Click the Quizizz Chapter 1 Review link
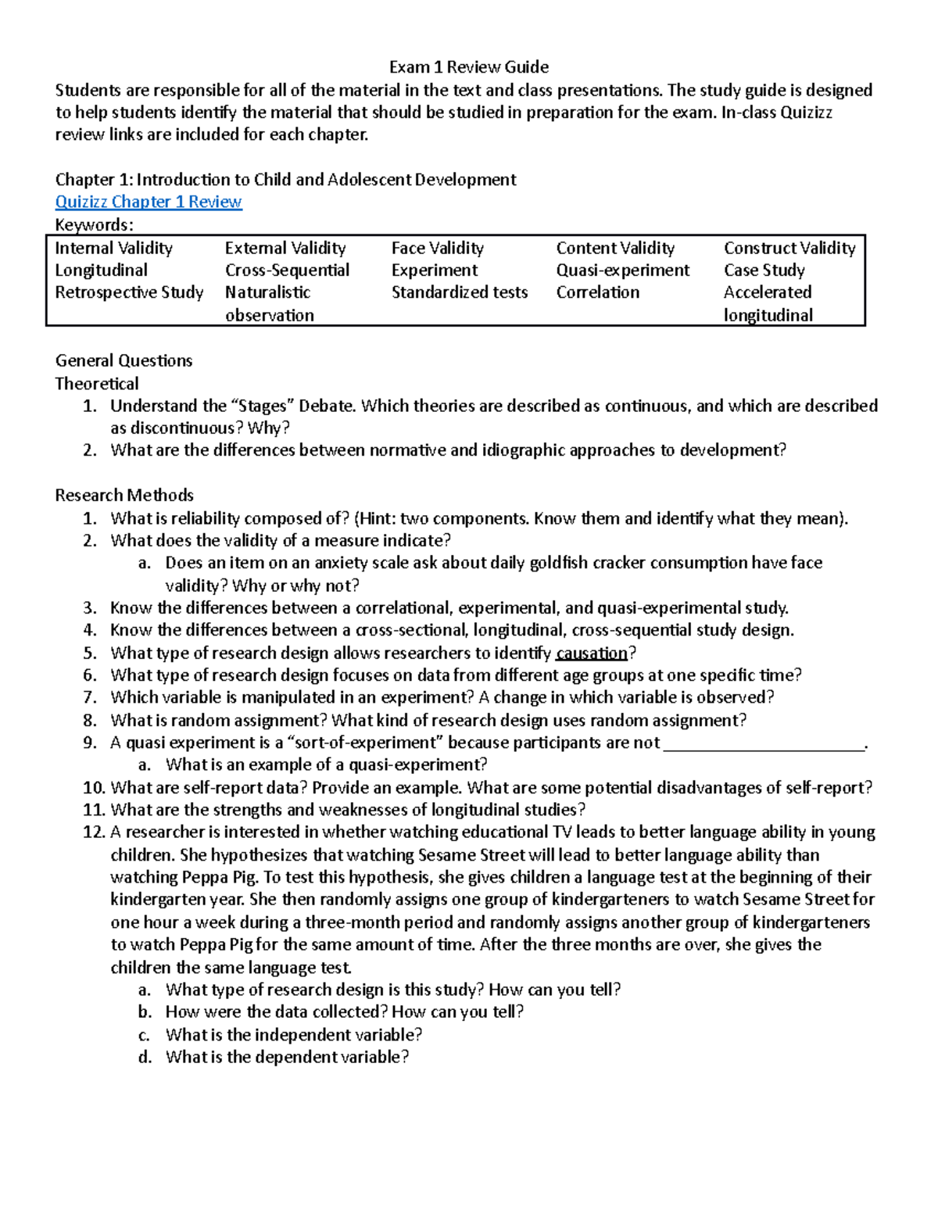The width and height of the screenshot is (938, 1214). (x=149, y=202)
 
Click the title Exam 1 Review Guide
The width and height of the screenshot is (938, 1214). (x=469, y=66)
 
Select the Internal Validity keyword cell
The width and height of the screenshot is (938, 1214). (x=113, y=248)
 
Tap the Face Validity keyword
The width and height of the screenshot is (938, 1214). (x=437, y=248)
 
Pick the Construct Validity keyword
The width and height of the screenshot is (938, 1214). (x=789, y=248)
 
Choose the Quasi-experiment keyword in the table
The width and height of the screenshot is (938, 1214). (x=623, y=270)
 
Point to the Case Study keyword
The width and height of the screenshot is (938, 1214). (x=764, y=270)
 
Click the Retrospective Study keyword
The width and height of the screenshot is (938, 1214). (x=129, y=292)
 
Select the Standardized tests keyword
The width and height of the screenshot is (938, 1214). (x=460, y=292)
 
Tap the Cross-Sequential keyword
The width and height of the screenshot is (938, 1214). (x=287, y=270)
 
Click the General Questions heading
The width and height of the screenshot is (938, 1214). (x=124, y=360)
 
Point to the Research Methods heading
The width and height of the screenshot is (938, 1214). (x=124, y=495)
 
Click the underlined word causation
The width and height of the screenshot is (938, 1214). (x=592, y=653)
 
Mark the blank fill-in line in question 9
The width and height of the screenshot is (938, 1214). (x=764, y=743)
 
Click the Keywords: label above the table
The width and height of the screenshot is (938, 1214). (x=94, y=225)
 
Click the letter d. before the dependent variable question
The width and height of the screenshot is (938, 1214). (x=145, y=1057)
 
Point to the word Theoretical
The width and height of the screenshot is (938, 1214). (x=97, y=383)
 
